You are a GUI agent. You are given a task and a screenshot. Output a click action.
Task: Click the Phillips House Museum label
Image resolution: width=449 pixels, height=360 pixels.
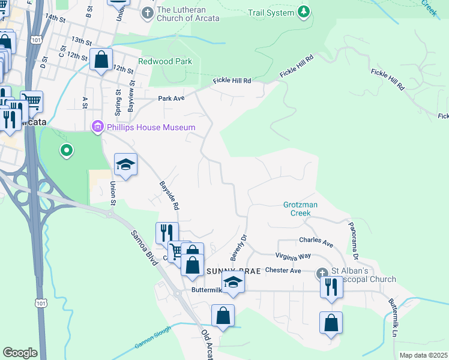pyautogui.click(x=151, y=127)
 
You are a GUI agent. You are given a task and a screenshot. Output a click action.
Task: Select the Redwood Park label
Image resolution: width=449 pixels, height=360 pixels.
pyautogui.click(x=164, y=61)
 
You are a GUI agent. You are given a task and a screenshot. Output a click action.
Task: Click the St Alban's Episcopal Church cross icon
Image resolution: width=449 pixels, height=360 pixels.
pyautogui.click(x=322, y=274)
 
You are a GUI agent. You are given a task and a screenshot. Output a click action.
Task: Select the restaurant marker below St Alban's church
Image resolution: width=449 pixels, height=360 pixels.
pyautogui.click(x=331, y=289)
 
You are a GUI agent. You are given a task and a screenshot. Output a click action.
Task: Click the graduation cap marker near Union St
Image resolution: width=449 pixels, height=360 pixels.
pyautogui.click(x=126, y=165)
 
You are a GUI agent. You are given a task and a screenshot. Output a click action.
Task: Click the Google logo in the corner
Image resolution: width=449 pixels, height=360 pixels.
pyautogui.click(x=20, y=353)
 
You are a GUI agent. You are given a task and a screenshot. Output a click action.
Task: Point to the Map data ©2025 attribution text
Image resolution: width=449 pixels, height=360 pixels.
pyautogui.click(x=423, y=355)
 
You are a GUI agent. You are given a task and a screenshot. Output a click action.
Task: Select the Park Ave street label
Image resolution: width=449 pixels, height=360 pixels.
pyautogui.click(x=172, y=98)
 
